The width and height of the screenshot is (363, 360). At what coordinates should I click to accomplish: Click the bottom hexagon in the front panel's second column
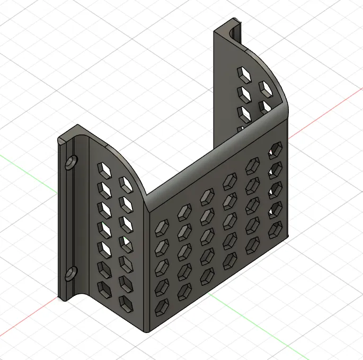pyautogui.click(x=185, y=290)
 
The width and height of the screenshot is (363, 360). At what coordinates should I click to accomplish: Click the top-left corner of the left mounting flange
pyautogui.click(x=59, y=139)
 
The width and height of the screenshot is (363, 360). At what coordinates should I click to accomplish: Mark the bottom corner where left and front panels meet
pyautogui.click(x=147, y=330)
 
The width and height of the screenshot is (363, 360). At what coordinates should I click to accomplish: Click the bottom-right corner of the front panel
pyautogui.click(x=288, y=236)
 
